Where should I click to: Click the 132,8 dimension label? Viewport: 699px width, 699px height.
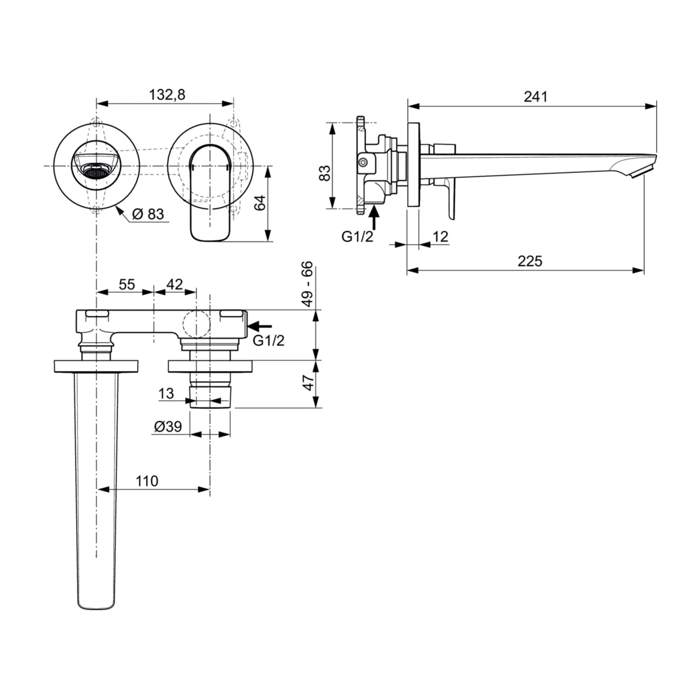pyautogui.click(x=167, y=95)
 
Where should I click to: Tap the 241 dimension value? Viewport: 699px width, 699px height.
pyautogui.click(x=535, y=97)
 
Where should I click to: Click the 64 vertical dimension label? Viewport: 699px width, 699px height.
pyautogui.click(x=260, y=203)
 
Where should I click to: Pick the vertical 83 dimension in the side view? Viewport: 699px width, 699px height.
pyautogui.click(x=325, y=173)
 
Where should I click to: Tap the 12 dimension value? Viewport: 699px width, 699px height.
pyautogui.click(x=440, y=237)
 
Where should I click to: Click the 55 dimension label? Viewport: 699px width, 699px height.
pyautogui.click(x=127, y=285)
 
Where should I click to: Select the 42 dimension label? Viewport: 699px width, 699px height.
pyautogui.click(x=174, y=285)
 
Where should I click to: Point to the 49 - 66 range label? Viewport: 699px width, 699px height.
pyautogui.click(x=308, y=284)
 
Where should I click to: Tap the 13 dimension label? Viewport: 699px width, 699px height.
pyautogui.click(x=166, y=394)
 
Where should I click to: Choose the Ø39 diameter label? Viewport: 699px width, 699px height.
pyautogui.click(x=167, y=427)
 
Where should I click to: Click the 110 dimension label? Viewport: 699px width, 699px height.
pyautogui.click(x=147, y=481)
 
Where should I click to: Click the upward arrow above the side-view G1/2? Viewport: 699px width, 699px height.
pyautogui.click(x=374, y=217)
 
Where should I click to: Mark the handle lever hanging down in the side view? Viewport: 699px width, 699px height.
pyautogui.click(x=451, y=199)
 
